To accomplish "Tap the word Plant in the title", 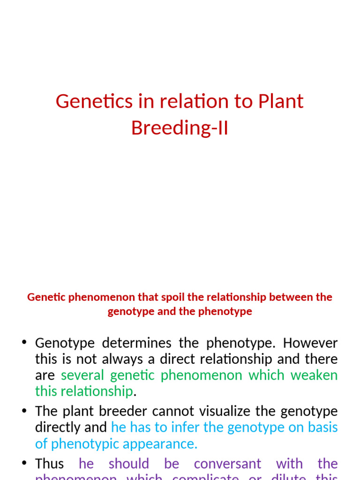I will click(x=280, y=101).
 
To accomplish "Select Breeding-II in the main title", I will click(x=180, y=127).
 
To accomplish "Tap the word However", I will click(x=310, y=343).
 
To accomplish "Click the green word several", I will click(x=82, y=375).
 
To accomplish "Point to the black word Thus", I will click(x=49, y=464).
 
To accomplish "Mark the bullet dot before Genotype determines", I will click(x=24, y=343).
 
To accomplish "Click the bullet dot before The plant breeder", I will click(x=24, y=412).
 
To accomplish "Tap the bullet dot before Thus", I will click(x=24, y=464).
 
